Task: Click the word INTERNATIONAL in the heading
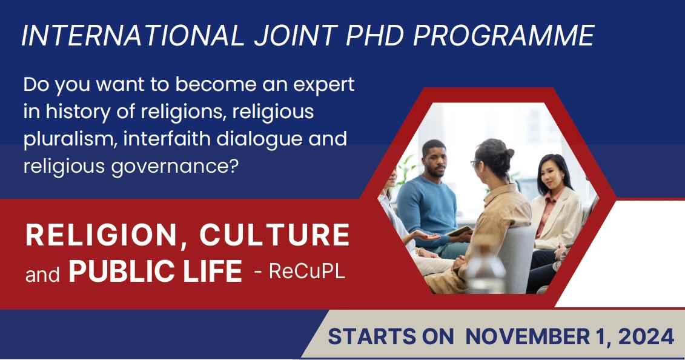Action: [x=133, y=35]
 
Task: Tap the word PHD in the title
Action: [x=376, y=35]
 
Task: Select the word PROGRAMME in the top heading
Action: [x=504, y=35]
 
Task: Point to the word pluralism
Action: [x=68, y=139]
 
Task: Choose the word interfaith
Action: [x=167, y=139]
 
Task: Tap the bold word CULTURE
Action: [x=275, y=235]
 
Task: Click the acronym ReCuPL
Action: [x=307, y=271]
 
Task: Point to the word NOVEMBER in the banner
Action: [x=528, y=337]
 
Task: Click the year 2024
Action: [x=646, y=337]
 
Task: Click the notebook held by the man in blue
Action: [x=459, y=231]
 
